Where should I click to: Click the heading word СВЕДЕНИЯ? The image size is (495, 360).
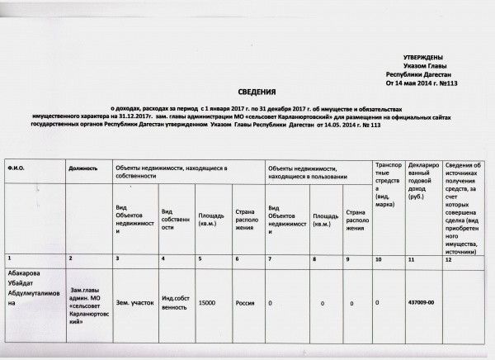tap(257, 95)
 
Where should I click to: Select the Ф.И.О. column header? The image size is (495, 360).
tap(16, 168)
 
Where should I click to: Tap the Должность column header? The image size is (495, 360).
tap(83, 168)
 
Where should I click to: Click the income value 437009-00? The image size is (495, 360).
tap(421, 303)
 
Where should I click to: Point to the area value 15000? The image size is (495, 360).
tap(207, 304)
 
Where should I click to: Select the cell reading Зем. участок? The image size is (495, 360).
tap(133, 303)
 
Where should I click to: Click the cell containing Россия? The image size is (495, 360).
tap(245, 303)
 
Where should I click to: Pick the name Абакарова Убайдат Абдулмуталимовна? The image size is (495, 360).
tap(33, 290)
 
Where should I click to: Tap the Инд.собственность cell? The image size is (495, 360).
tap(177, 304)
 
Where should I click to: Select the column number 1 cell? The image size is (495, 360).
tap(9, 259)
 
